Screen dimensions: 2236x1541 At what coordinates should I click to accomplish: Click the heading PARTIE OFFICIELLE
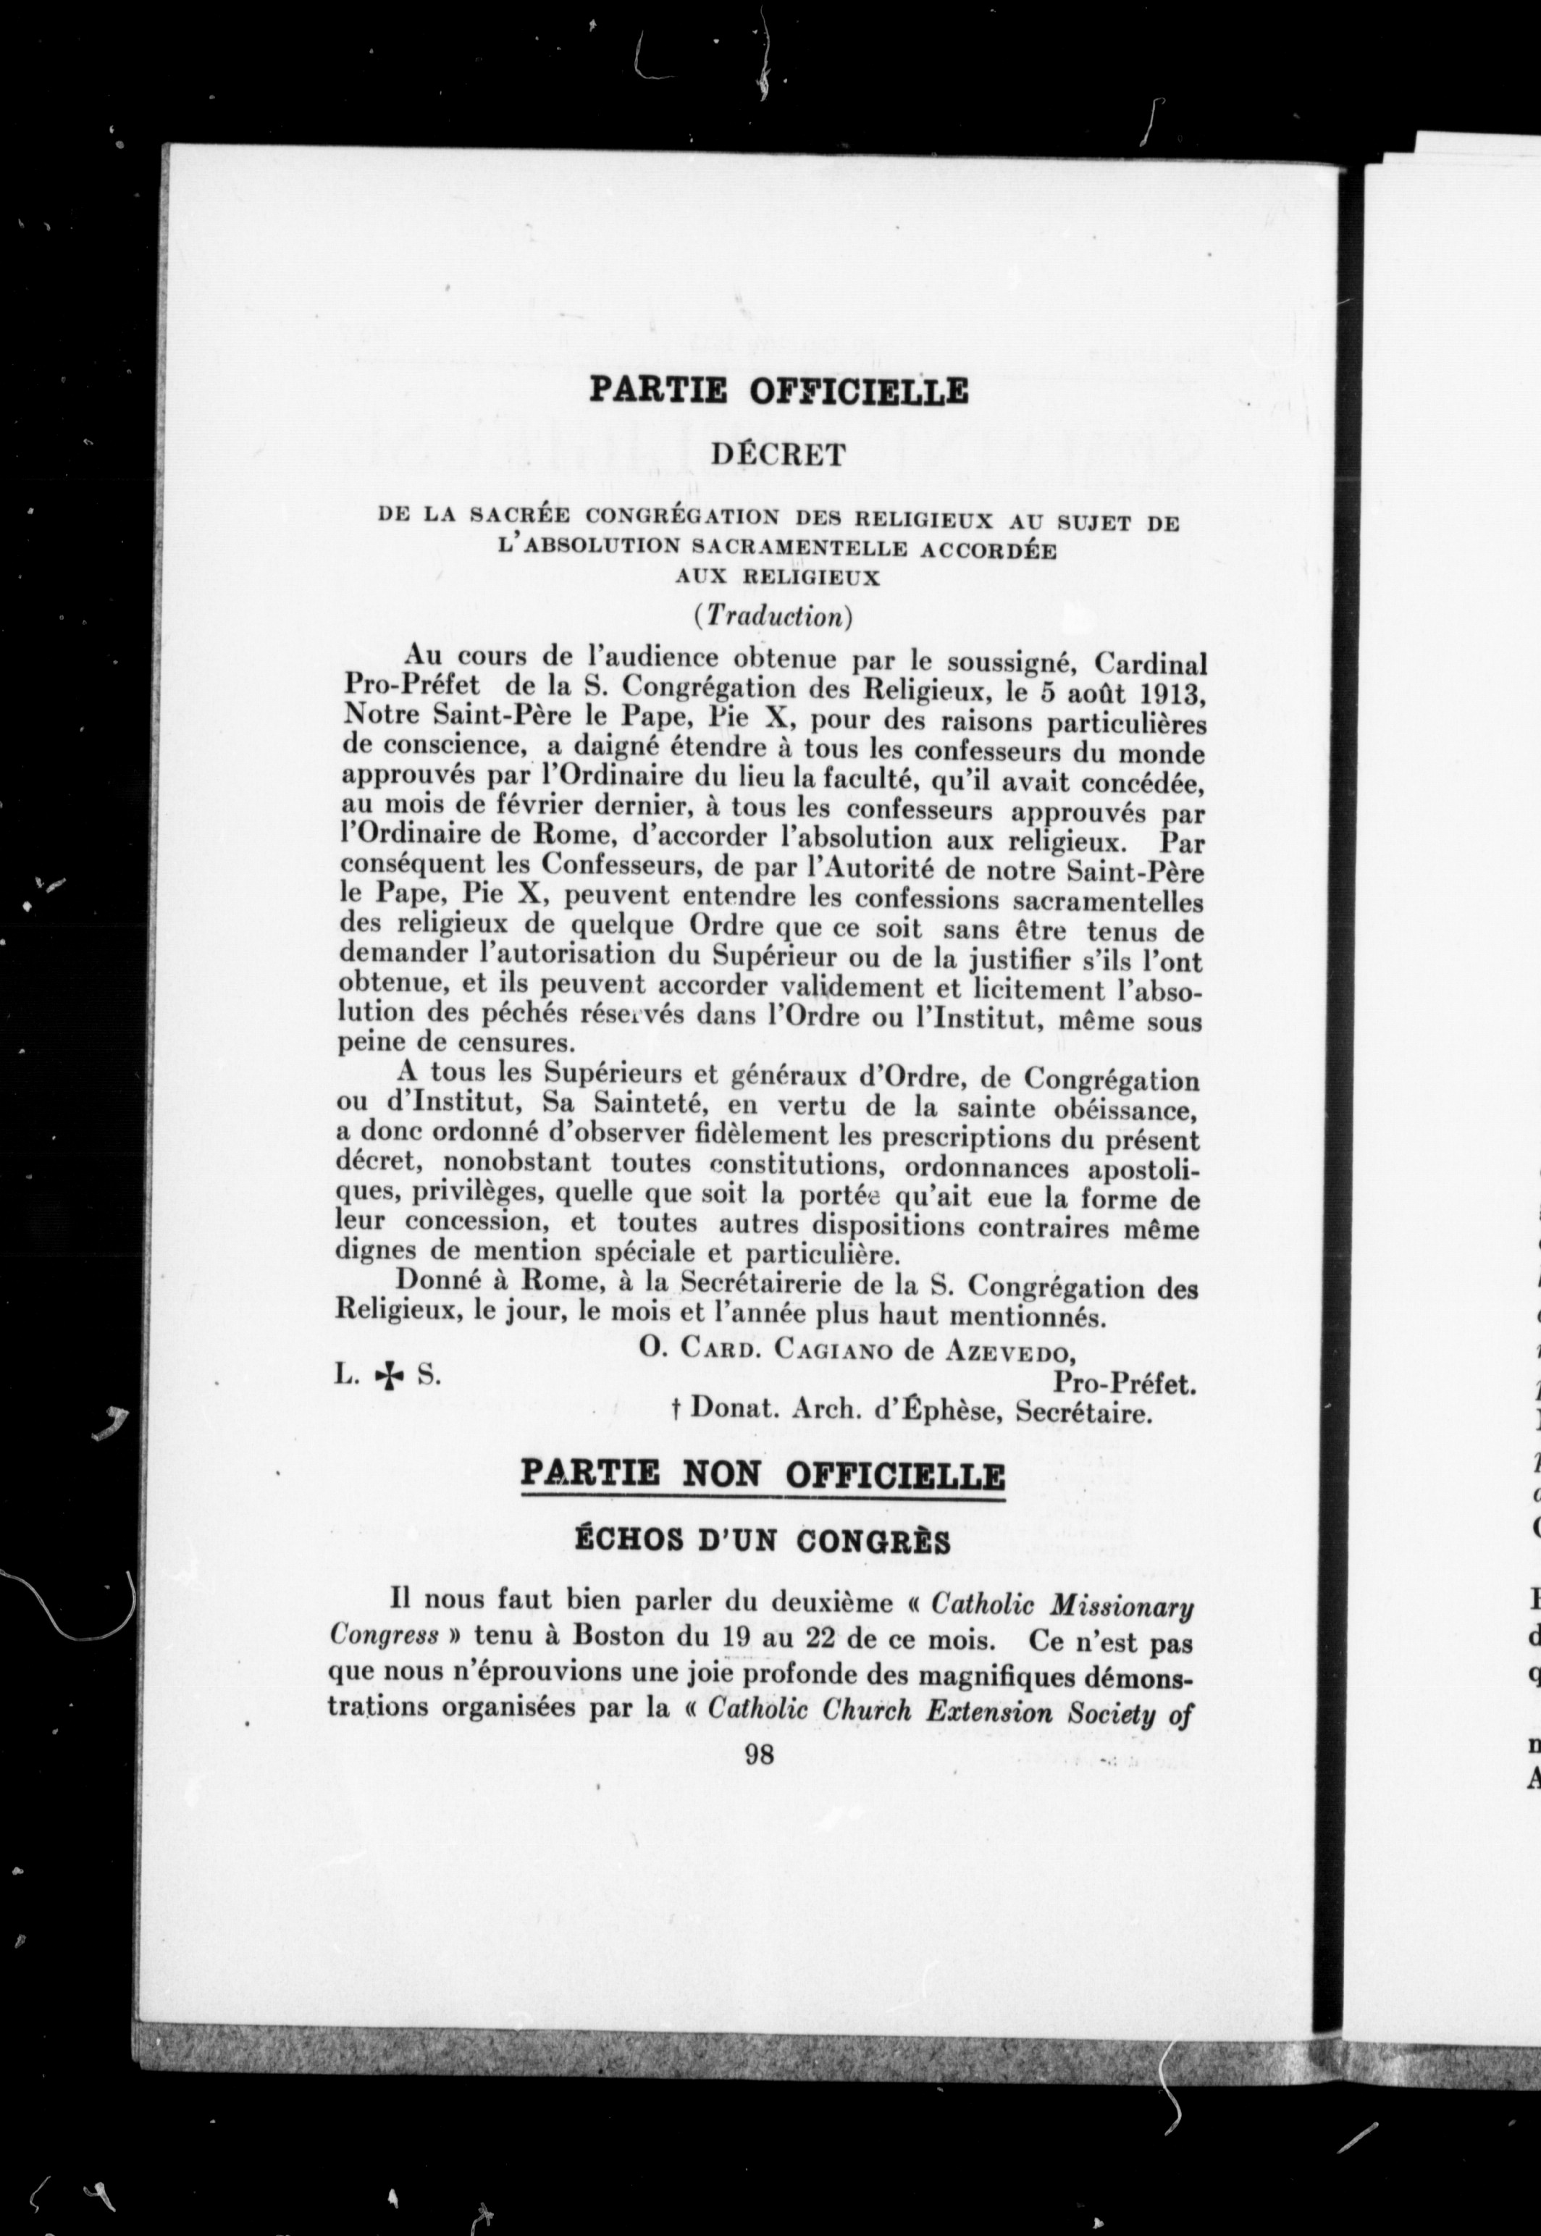[x=778, y=391]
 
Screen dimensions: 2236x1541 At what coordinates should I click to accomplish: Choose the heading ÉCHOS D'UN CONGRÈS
[x=763, y=1541]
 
